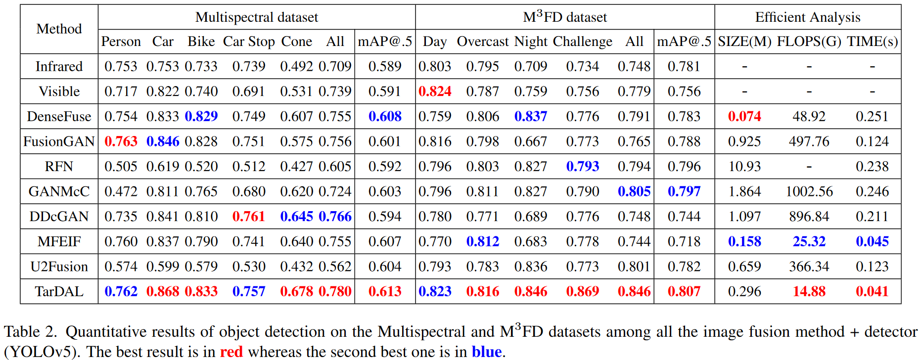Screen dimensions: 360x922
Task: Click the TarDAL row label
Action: tap(59, 291)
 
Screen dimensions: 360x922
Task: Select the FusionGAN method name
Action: tap(59, 141)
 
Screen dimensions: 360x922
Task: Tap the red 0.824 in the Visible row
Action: tap(435, 91)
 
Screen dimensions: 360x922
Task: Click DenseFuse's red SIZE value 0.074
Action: tap(744, 116)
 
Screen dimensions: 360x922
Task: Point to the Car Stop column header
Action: tap(249, 42)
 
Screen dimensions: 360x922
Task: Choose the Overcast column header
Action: tap(482, 42)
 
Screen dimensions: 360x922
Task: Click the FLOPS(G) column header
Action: tap(809, 42)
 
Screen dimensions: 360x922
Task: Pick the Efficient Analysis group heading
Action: tap(807, 17)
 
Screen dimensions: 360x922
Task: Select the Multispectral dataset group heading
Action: tap(257, 17)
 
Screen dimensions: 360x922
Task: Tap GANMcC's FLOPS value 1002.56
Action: tap(809, 191)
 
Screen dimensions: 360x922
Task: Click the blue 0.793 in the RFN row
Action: tap(582, 166)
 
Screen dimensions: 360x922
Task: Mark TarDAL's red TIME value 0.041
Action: tap(872, 291)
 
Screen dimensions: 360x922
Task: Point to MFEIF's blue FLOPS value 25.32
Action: tap(809, 241)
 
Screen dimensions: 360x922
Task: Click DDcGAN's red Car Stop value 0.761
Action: tap(249, 216)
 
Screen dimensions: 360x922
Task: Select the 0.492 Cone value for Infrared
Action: tap(297, 66)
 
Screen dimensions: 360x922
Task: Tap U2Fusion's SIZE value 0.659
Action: tap(744, 267)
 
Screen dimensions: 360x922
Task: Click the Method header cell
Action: tap(59, 29)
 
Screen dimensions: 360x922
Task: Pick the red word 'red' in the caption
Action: tap(231, 352)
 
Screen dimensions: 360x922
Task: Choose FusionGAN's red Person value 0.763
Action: tap(121, 141)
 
